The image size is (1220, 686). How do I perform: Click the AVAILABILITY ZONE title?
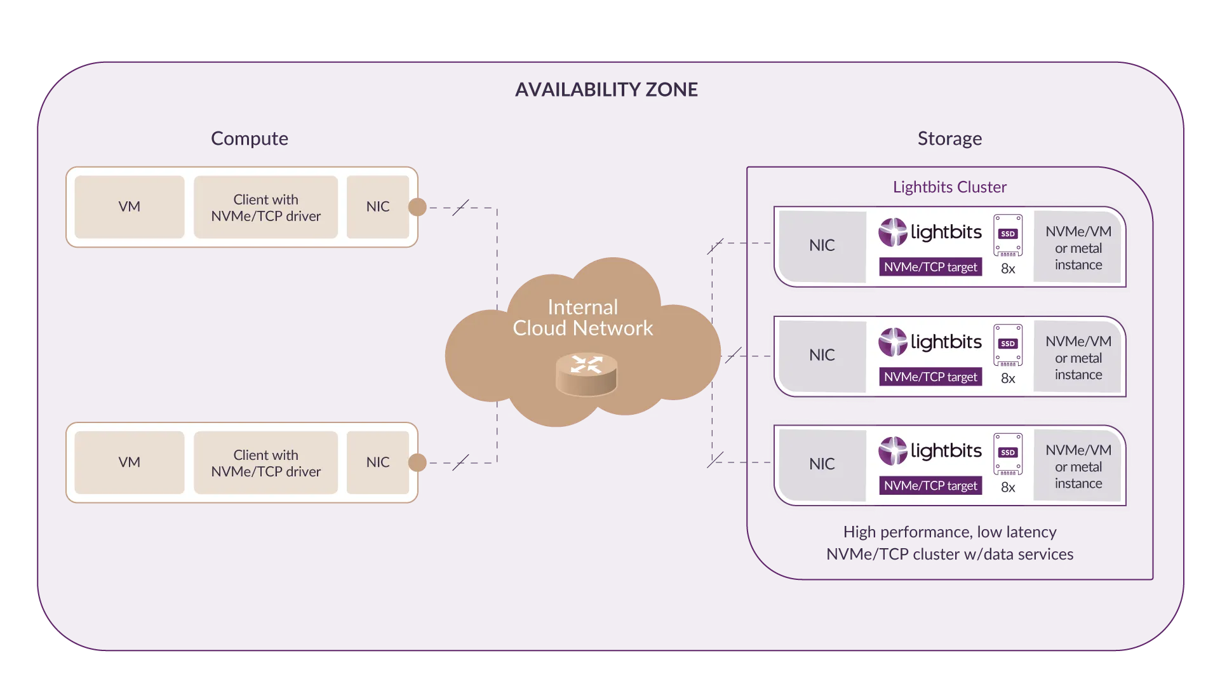click(607, 90)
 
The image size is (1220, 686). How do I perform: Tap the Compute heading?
click(250, 138)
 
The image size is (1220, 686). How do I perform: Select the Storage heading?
click(949, 138)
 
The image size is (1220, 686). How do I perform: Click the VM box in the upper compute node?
click(130, 207)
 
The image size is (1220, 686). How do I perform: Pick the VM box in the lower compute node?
click(130, 462)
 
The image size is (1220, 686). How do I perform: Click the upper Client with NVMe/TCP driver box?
click(265, 208)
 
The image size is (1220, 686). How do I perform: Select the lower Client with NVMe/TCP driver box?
click(265, 463)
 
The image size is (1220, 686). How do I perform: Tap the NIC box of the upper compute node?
click(378, 207)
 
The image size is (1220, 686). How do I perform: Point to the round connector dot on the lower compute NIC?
click(417, 462)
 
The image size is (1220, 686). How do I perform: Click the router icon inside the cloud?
click(586, 374)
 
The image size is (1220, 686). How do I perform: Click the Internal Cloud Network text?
click(583, 318)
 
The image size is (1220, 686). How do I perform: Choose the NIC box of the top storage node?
click(822, 246)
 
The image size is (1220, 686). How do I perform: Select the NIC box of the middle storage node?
click(822, 356)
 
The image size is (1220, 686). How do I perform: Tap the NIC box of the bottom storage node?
click(822, 464)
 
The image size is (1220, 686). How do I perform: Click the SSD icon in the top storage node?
click(1008, 235)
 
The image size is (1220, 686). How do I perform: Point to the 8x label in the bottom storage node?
click(1008, 487)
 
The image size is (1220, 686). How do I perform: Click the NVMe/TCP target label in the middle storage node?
click(930, 377)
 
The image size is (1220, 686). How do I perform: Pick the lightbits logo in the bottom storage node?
click(930, 451)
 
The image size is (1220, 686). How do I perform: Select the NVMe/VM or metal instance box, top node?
click(1078, 248)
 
